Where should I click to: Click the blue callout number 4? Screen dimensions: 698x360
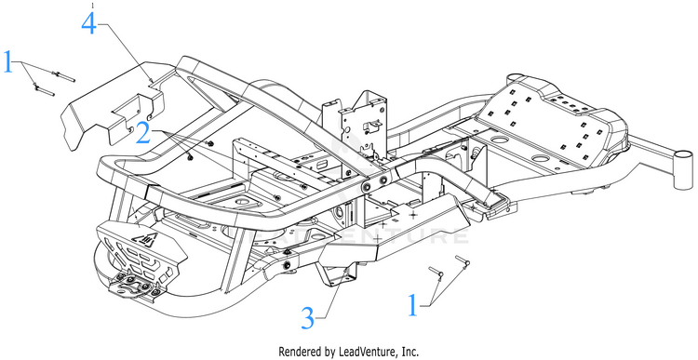88,23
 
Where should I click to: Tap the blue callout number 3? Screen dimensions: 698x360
308,319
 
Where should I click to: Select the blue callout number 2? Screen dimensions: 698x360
143,133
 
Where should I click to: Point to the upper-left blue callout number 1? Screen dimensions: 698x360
8,61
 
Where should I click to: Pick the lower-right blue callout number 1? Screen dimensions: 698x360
413,306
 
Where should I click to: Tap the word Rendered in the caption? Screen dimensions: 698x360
296,352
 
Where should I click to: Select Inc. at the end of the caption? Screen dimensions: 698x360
410,352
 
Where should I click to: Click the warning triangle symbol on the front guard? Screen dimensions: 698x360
147,241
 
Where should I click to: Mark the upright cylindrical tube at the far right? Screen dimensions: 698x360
683,169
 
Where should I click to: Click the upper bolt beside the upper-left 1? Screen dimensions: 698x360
63,76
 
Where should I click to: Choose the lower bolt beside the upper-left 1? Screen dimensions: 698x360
44,90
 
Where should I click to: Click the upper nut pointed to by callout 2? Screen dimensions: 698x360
210,143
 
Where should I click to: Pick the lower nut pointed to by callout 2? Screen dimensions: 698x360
191,156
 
